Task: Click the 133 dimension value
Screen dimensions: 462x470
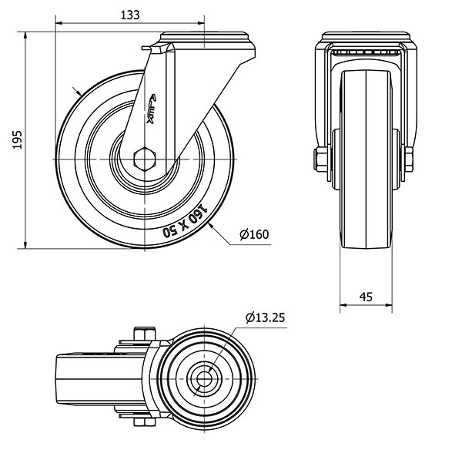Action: tap(130, 15)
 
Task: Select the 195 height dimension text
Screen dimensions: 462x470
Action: tap(18, 139)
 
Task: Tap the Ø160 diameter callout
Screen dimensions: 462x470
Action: tap(254, 234)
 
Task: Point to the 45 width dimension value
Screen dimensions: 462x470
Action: tap(366, 297)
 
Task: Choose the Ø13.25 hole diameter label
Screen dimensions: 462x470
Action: tap(265, 317)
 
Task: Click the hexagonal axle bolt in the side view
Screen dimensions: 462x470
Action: tap(145, 159)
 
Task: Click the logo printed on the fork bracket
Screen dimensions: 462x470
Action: tap(152, 109)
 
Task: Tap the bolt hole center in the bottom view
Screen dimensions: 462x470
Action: tap(204, 379)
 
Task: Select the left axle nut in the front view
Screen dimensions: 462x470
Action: tap(321, 159)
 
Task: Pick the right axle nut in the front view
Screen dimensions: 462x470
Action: tap(409, 159)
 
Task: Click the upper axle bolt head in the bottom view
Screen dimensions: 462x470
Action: tap(145, 334)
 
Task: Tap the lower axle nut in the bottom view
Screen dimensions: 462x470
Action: tap(145, 422)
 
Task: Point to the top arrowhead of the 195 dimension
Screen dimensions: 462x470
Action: tap(25, 35)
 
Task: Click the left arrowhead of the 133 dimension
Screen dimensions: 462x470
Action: tap(59, 23)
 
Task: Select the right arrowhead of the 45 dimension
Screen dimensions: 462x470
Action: tap(389, 305)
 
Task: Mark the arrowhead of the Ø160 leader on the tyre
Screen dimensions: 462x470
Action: tap(212, 227)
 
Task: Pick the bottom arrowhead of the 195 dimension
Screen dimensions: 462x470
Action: tap(25, 245)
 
